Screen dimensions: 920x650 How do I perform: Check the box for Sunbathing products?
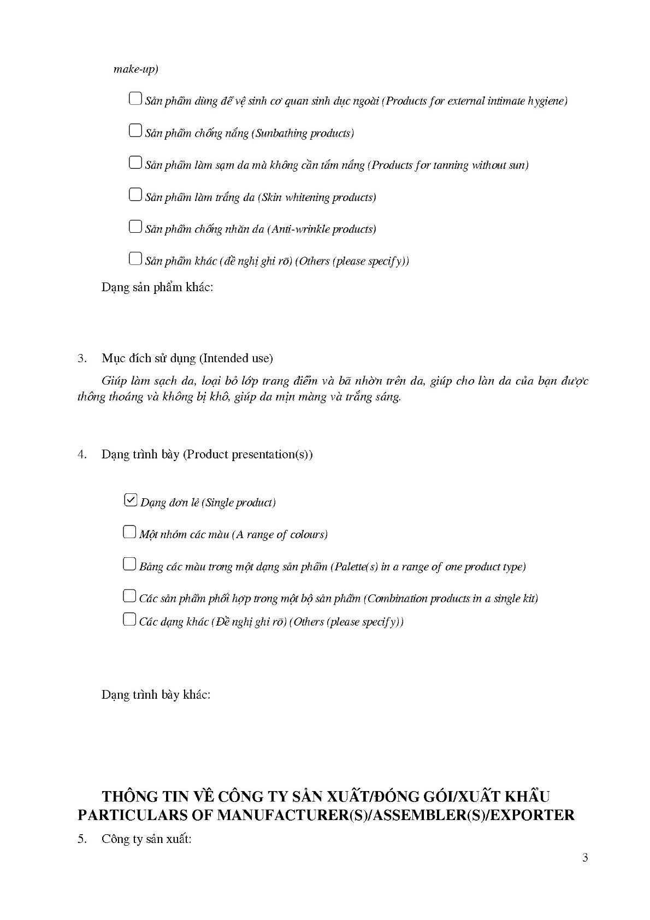coord(135,131)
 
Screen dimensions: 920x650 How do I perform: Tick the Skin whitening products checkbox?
coord(135,195)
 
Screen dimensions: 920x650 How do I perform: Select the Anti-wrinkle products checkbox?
coord(135,227)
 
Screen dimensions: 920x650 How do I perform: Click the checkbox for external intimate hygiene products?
coord(135,99)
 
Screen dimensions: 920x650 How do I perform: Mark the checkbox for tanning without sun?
coord(135,163)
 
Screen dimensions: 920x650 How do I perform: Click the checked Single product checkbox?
coord(131,500)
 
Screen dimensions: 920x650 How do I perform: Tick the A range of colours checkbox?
coord(129,532)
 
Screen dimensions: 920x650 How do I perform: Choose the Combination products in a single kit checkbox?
coord(129,596)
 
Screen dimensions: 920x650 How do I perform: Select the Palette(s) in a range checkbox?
coord(129,564)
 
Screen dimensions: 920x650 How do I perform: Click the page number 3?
coord(585,858)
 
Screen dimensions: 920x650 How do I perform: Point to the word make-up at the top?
coord(135,69)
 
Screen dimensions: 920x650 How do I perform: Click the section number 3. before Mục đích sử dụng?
coord(82,358)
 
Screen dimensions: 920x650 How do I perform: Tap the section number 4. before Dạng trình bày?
coord(82,455)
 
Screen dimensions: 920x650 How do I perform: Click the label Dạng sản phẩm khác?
coord(157,287)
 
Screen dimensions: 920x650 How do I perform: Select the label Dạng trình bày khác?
coord(156,695)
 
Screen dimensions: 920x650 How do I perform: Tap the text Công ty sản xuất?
coord(146,839)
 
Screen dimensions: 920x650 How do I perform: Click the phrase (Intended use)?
coord(236,358)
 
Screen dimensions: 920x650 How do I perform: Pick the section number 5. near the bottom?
coord(82,839)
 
